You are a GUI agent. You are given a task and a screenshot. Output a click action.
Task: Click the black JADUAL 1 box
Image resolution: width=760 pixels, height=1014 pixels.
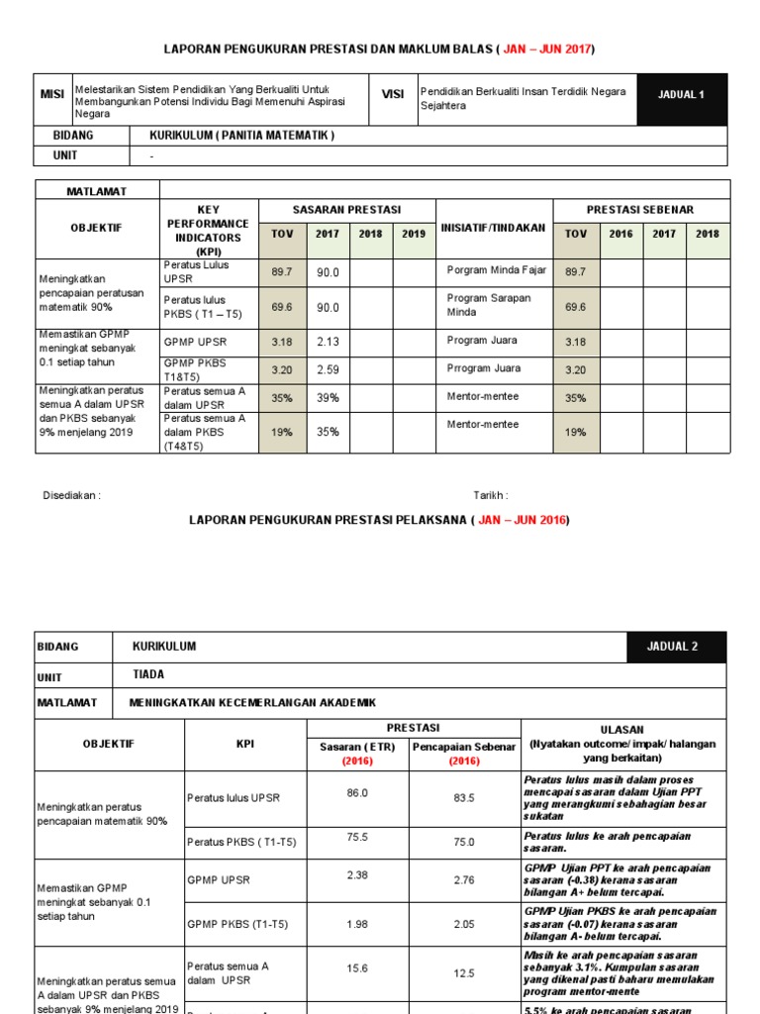point(681,95)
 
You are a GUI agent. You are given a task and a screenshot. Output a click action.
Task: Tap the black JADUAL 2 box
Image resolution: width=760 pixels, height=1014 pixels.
point(676,647)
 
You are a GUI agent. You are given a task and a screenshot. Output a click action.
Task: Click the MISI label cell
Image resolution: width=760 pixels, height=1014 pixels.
point(52,94)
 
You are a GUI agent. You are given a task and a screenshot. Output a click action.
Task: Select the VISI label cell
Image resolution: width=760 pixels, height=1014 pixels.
point(393,94)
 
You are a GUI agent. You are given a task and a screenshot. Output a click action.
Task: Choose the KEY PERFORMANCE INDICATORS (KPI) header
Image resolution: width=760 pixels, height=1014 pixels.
point(208,231)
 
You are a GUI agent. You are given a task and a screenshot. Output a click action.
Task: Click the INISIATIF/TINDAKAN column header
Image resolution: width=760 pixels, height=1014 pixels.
point(493,227)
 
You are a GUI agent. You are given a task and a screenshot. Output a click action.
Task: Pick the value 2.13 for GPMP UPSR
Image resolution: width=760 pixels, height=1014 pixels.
point(328,342)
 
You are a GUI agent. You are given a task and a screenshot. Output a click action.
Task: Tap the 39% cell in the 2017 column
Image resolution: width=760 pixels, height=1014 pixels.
point(328,397)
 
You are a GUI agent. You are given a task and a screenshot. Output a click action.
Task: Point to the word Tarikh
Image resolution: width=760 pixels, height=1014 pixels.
point(490,495)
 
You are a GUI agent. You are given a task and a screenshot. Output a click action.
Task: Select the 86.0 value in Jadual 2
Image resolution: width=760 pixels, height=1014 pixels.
point(357,793)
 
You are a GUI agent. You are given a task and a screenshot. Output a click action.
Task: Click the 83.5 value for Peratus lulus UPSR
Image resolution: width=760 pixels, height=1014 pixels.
point(463,797)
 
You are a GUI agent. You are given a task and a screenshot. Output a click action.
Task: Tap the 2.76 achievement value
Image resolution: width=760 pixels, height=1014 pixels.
point(463,879)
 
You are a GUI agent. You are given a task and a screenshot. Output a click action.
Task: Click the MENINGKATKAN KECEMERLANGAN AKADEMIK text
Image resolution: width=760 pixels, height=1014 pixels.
point(253,702)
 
